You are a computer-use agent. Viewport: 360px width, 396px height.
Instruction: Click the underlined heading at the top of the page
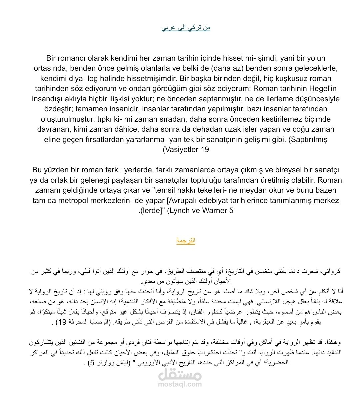pos(186,28)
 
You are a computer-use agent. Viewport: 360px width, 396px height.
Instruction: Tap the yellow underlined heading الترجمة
pos(186,241)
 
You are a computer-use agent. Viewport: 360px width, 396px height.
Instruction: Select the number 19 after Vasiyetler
pos(205,149)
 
